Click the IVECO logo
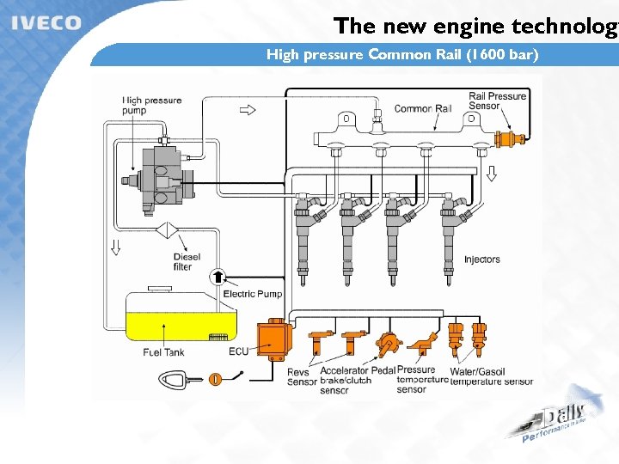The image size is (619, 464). (x=46, y=23)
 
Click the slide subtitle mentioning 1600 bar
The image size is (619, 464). (x=402, y=56)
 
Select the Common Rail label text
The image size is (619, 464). (x=422, y=109)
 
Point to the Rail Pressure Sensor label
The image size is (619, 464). (x=497, y=101)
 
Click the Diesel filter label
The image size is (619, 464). (x=187, y=262)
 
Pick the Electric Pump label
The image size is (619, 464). (x=253, y=294)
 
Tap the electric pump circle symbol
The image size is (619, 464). (x=218, y=276)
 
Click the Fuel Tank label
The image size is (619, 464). (x=163, y=352)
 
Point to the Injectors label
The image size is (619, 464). (x=481, y=259)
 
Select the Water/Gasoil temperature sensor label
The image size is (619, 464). (x=491, y=376)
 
